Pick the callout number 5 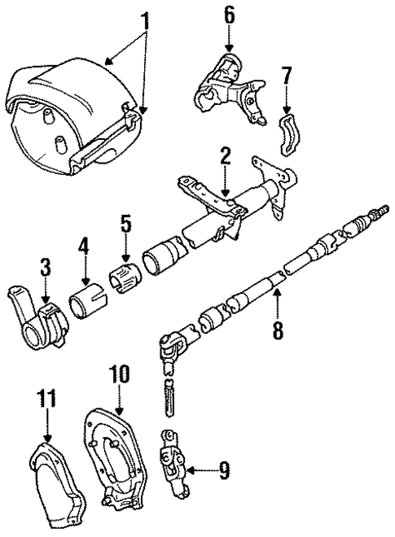tap(125, 223)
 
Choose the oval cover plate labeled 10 tap(120, 464)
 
